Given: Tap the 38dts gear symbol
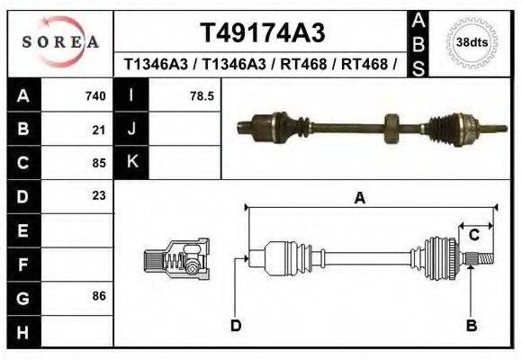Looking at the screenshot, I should click(x=472, y=41).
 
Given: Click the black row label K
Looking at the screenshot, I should click(x=131, y=162).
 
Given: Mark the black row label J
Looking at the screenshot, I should click(x=131, y=130).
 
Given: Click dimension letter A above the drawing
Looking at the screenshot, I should click(x=359, y=200).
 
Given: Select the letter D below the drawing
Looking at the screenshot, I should click(x=235, y=326).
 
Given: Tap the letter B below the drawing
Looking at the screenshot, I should click(x=470, y=326).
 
